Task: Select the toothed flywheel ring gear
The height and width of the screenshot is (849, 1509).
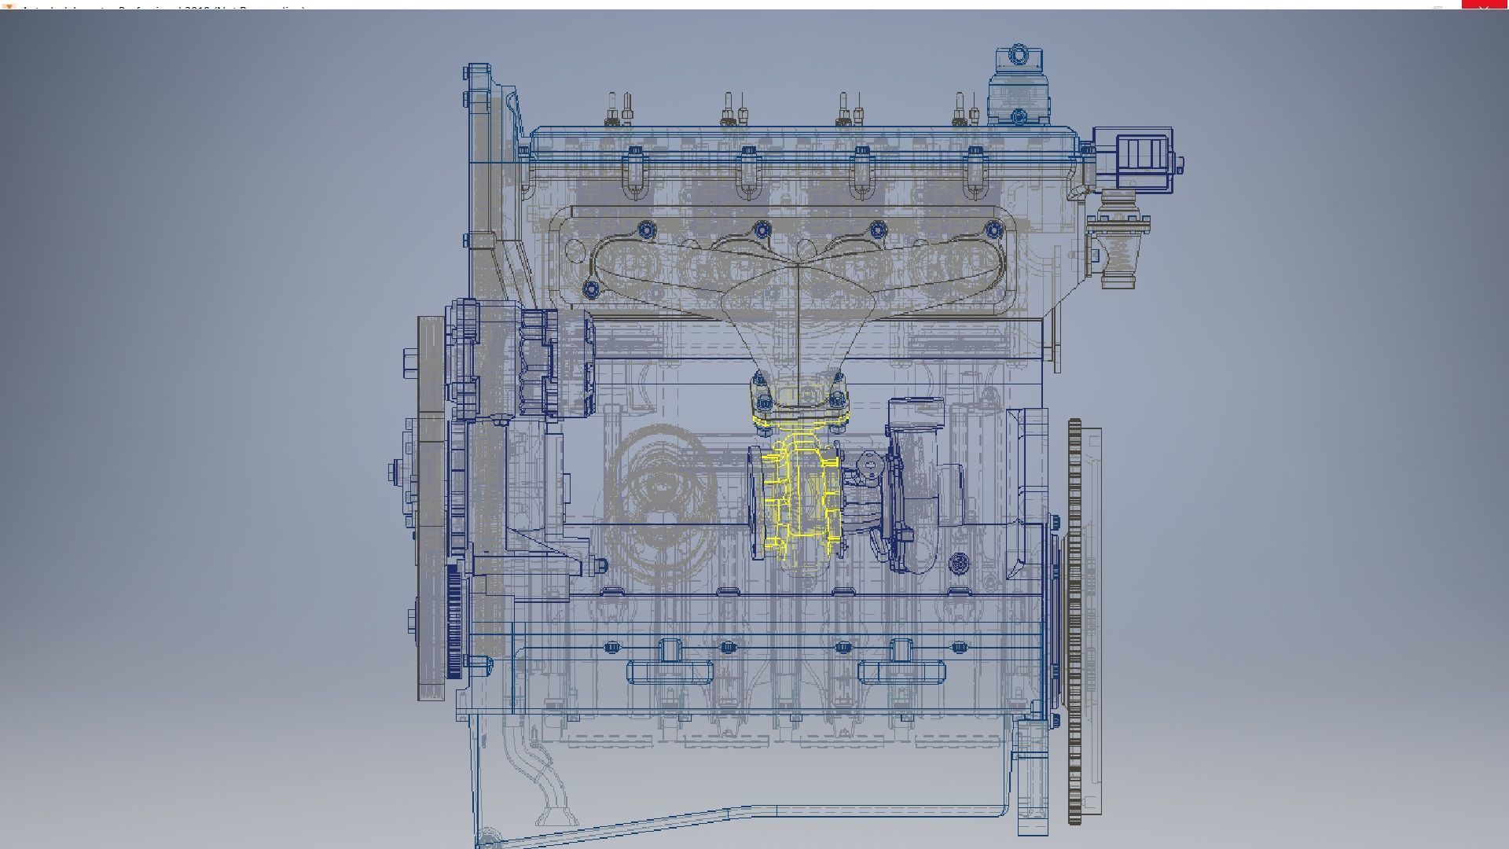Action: [x=1075, y=621]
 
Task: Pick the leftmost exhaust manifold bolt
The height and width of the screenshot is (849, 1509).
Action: [x=592, y=289]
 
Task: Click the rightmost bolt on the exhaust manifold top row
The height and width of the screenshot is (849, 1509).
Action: [x=994, y=230]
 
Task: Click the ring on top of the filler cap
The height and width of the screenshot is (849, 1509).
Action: [x=1019, y=54]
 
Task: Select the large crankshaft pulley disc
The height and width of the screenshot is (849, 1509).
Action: [x=431, y=503]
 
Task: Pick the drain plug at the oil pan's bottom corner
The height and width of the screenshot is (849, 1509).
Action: [x=489, y=836]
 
